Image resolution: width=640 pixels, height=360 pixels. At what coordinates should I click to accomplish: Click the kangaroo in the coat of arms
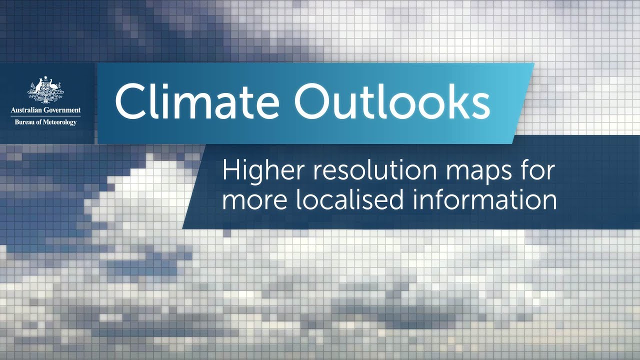click(36, 88)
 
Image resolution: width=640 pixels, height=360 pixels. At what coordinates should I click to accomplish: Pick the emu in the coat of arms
click(55, 88)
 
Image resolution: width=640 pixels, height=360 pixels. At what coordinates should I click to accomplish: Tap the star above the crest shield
click(45, 78)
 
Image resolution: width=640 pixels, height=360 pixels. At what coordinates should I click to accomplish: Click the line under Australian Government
click(45, 116)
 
